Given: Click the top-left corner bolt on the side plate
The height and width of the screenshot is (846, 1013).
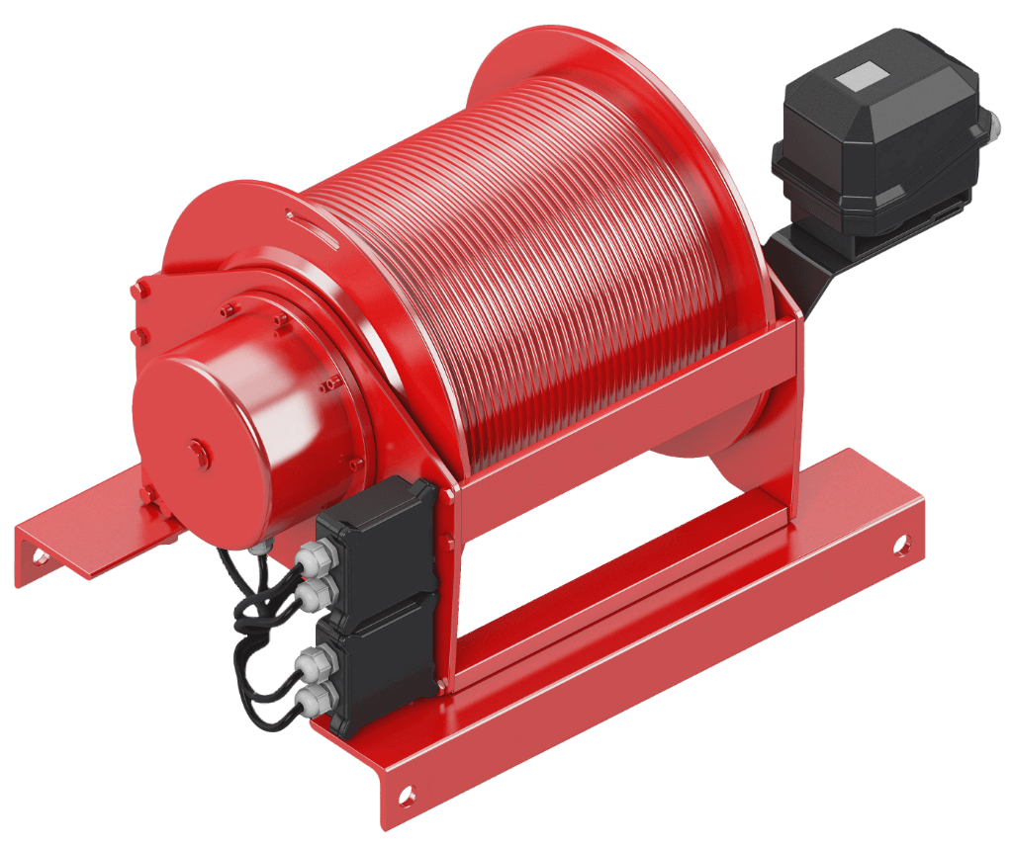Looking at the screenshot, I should click(138, 289).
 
